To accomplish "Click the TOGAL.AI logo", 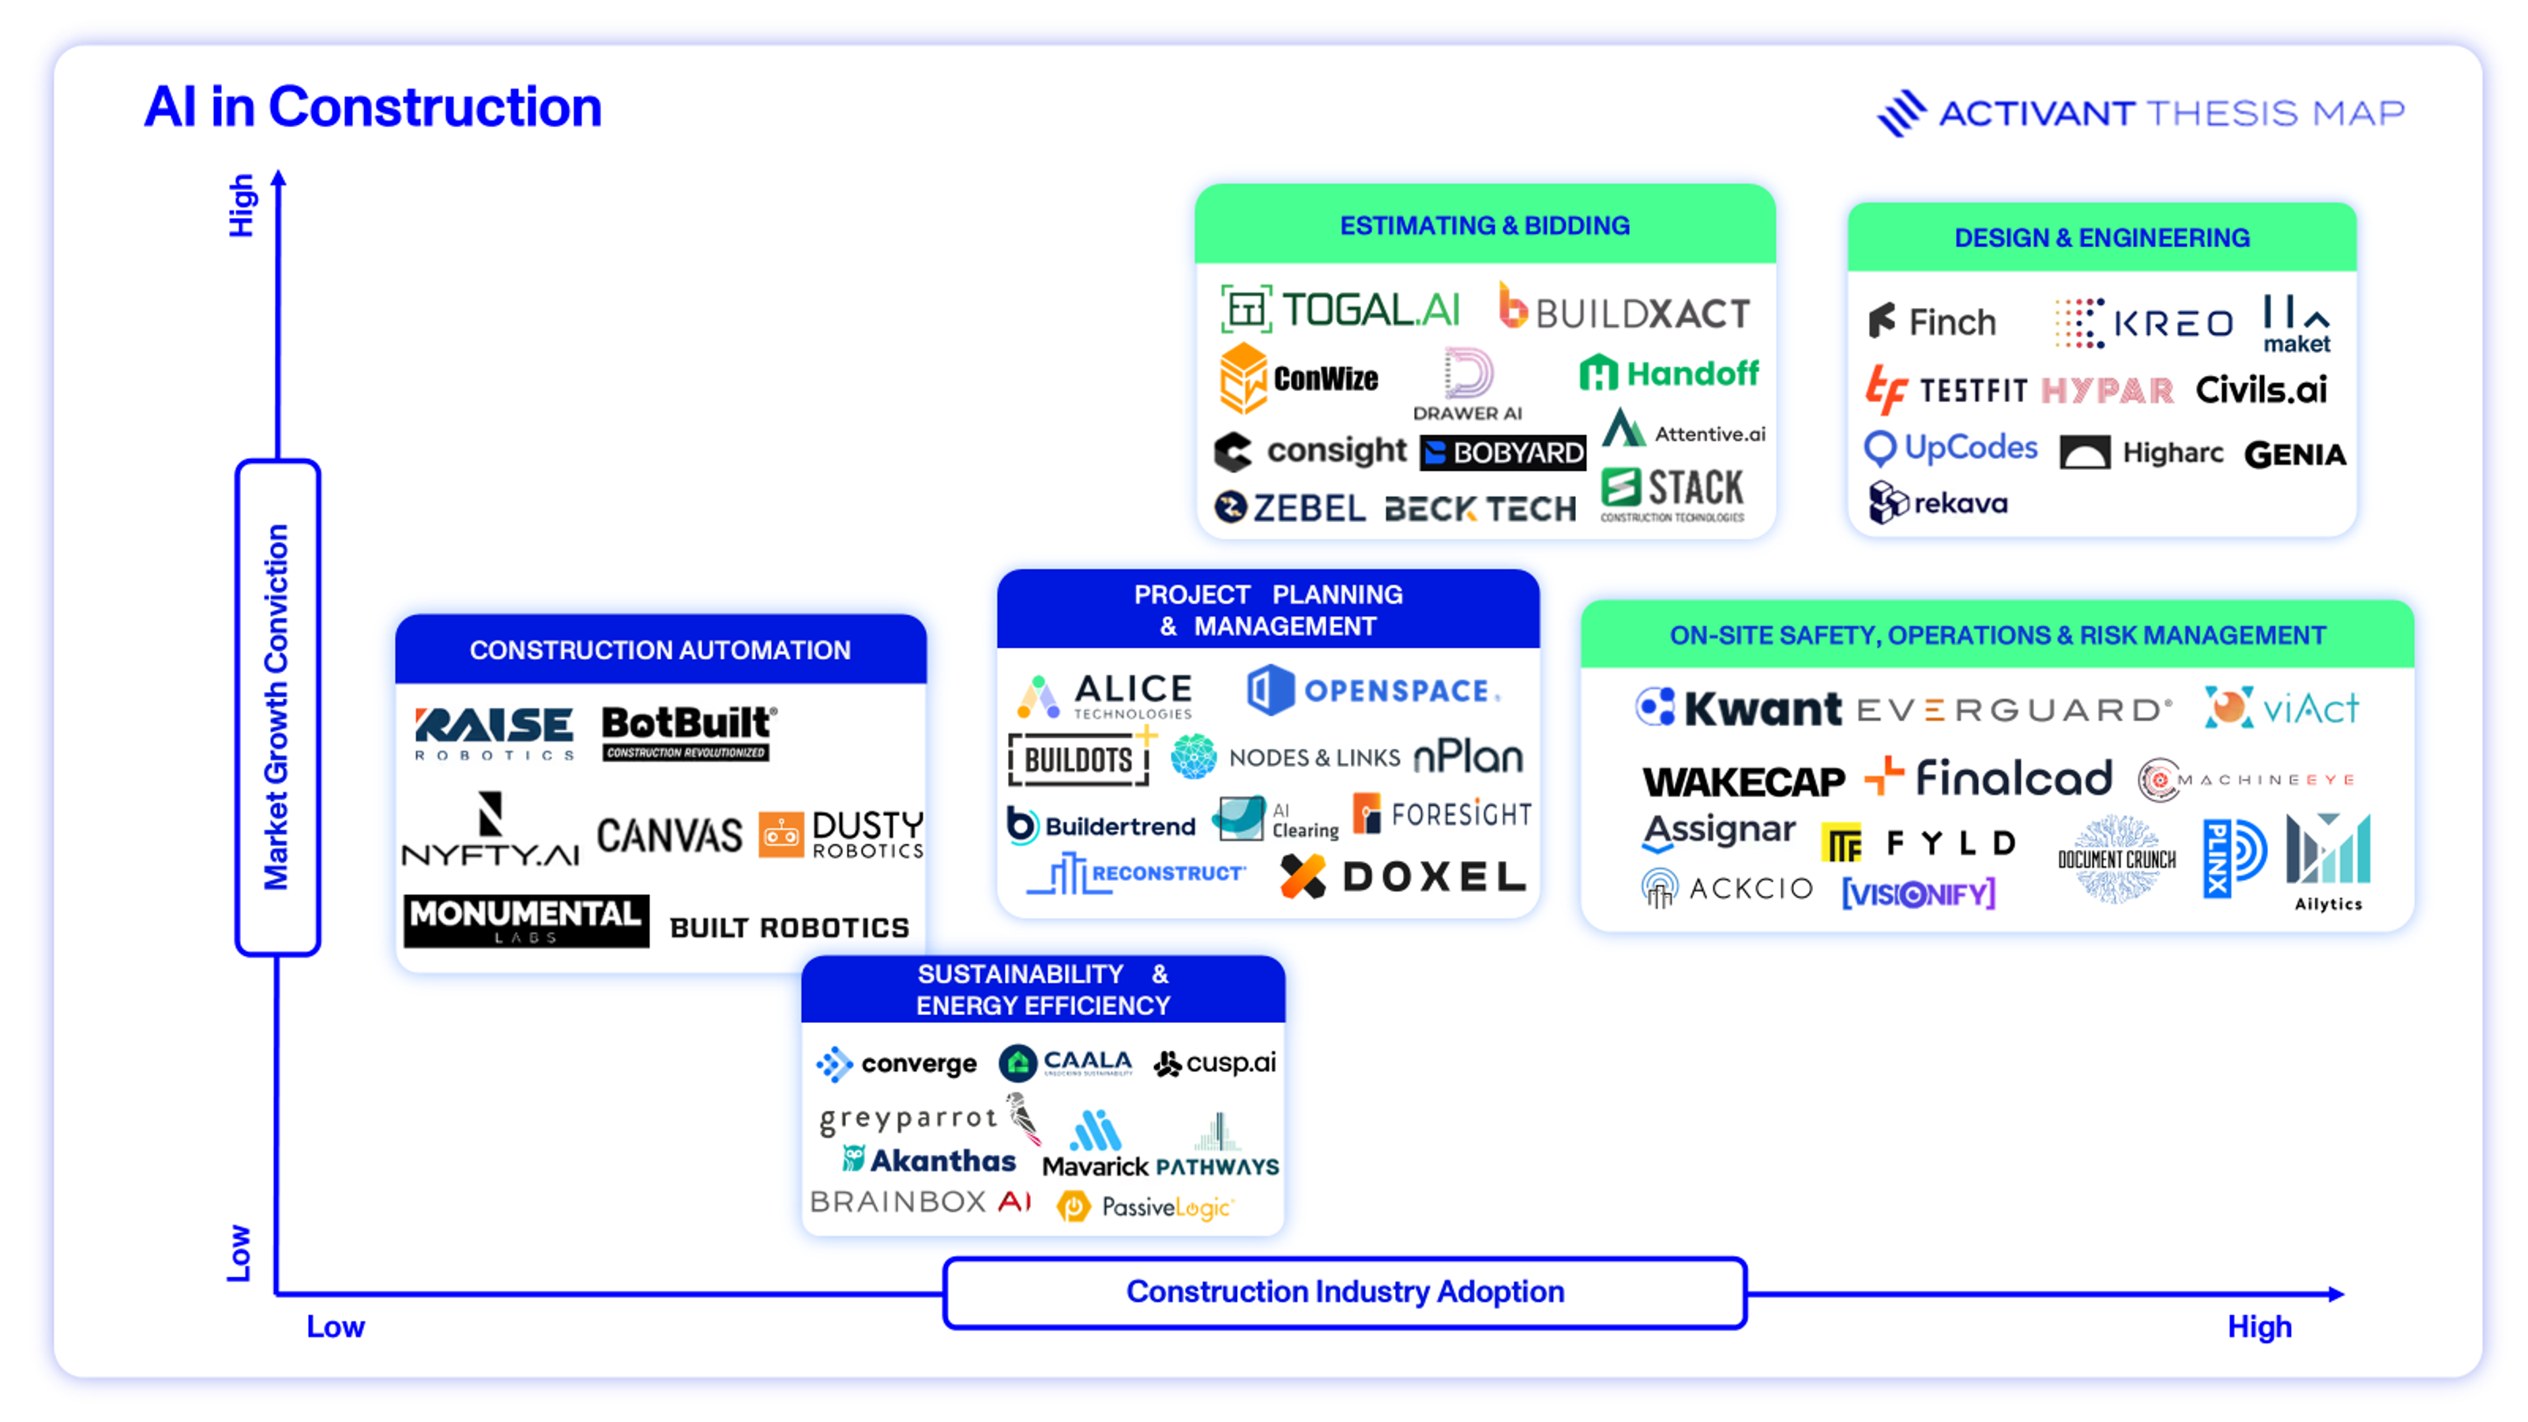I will click(1340, 310).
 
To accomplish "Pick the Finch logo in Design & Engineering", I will click(1932, 322).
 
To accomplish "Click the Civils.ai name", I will click(2261, 390).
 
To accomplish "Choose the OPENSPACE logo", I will click(1373, 690).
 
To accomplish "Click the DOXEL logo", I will click(1404, 876).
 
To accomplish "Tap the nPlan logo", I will click(1468, 756).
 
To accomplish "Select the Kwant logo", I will click(1738, 708).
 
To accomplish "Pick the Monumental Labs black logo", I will click(526, 920).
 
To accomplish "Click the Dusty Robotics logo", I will click(841, 834).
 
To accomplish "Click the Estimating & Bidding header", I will click(1484, 226).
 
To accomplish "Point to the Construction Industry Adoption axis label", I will click(1344, 1292).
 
